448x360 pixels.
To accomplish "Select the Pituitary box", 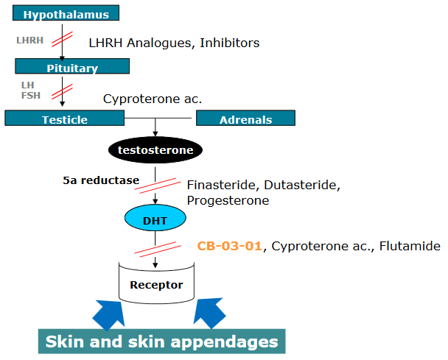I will (72, 66).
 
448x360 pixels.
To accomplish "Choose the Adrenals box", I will (245, 119).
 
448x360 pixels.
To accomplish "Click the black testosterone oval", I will (155, 150).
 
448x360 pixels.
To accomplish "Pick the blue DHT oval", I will (155, 219).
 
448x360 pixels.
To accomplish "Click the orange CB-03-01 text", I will (229, 246).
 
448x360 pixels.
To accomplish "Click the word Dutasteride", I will (302, 185).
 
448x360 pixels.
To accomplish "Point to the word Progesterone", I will (227, 200).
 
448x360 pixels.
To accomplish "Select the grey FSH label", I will (29, 95).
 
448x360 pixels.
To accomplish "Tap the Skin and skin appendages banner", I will (161, 342).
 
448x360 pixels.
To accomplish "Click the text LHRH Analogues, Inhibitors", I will (174, 43).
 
